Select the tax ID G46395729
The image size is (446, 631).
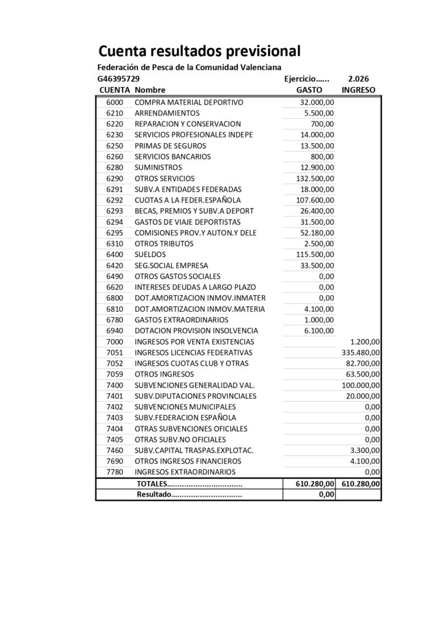pos(118,79)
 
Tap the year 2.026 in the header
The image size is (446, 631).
pos(359,79)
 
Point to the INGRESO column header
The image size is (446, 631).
pos(359,90)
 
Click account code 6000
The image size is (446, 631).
pos(115,102)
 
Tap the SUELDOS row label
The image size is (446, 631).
pos(150,254)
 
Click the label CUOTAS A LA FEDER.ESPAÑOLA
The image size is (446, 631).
pos(187,200)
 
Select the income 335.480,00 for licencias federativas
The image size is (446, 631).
pos(360,352)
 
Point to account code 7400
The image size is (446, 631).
pos(115,385)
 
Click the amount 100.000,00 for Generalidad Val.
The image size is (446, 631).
pos(360,385)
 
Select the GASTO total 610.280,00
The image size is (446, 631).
pos(314,484)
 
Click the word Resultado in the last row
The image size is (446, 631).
pos(153,494)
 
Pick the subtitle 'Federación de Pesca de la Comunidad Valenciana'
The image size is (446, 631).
pos(189,67)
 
